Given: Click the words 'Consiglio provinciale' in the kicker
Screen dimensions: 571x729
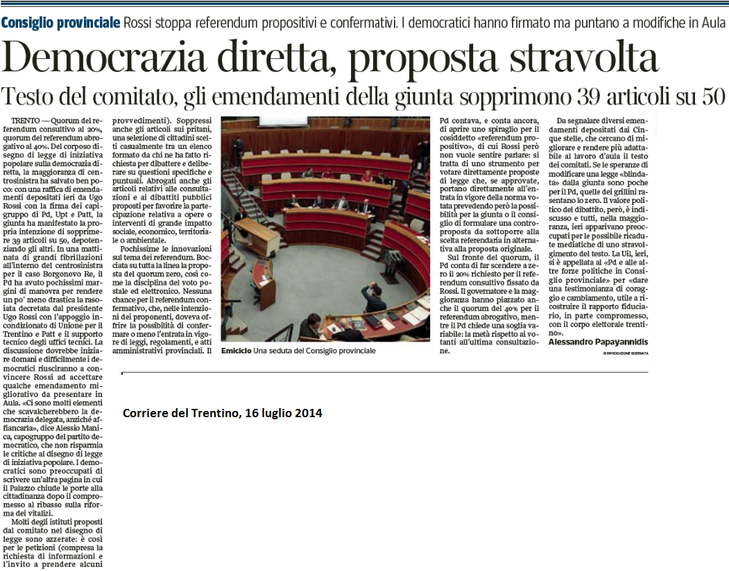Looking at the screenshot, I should point(60,22).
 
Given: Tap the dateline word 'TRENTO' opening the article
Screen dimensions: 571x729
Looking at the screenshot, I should point(26,121).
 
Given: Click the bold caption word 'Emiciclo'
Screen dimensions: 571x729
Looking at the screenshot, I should point(237,351).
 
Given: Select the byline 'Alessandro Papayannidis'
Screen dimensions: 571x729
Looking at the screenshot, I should point(598,342).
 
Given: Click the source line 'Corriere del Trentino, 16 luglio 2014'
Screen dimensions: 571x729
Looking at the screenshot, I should point(223,414).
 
